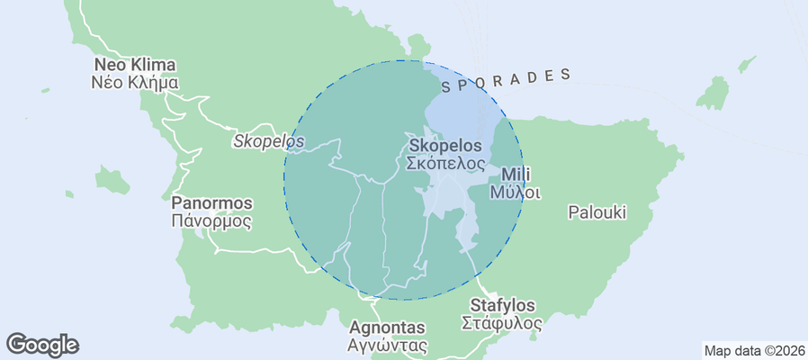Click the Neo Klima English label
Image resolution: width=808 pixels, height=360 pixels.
135,66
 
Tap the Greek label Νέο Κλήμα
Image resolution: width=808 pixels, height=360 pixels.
135,83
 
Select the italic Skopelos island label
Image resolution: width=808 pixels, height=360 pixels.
268,141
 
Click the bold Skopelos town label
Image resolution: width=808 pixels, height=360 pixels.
445,146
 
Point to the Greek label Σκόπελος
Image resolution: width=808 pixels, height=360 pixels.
446,164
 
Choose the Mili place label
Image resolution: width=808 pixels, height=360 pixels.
516,175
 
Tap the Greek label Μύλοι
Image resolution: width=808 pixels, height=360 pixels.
516,192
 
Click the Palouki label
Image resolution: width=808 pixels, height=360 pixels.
597,213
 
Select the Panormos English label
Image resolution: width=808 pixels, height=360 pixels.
211,203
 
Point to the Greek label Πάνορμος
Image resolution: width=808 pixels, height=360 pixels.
211,220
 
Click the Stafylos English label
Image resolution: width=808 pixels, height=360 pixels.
502,306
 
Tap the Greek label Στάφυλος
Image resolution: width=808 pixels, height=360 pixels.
502,323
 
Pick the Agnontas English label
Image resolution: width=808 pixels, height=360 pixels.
387,328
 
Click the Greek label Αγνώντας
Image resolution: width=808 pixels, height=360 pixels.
387,345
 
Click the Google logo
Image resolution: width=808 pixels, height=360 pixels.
42,345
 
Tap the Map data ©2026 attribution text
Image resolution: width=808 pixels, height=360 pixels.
753,351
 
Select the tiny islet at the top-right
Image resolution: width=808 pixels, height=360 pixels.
746,65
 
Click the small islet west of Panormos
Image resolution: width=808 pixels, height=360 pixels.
111,179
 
